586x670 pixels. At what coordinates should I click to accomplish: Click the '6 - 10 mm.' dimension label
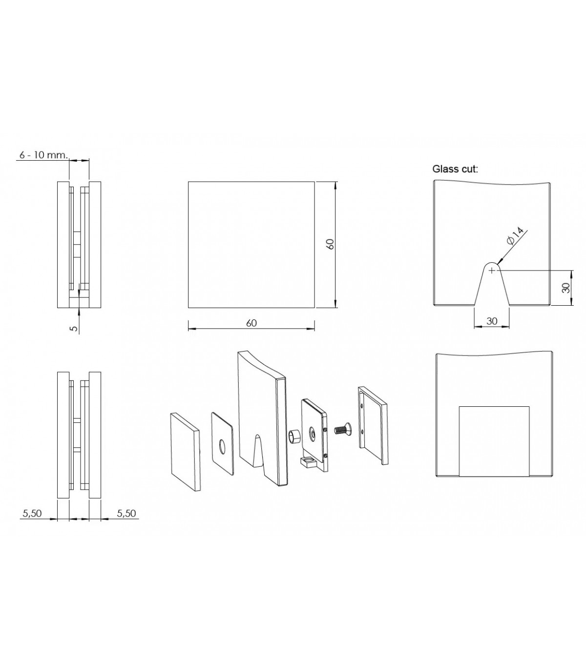pos(43,155)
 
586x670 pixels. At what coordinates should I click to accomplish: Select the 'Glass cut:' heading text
pos(455,169)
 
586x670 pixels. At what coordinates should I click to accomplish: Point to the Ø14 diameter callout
pos(515,236)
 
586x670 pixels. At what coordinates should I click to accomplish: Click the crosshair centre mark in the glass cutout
pos(491,270)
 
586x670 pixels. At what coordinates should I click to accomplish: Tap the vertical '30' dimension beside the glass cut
pos(566,288)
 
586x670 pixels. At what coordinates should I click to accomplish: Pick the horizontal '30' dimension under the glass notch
pos(492,321)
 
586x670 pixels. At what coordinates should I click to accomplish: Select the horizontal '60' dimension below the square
pos(251,323)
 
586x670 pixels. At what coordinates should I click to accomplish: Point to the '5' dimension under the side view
pos(75,328)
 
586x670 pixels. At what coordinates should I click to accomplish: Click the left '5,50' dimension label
pos(32,513)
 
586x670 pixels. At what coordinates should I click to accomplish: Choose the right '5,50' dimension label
pos(126,513)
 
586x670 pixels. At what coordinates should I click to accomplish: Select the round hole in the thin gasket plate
pos(222,447)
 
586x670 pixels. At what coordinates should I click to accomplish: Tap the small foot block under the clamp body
pos(309,464)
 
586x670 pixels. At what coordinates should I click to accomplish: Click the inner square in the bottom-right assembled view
pos(494,441)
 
